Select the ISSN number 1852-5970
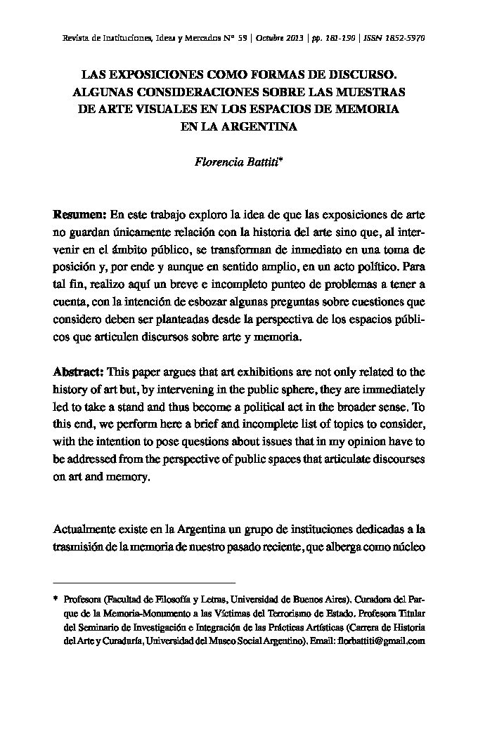[404, 38]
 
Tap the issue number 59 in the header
[242, 38]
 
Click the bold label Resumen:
[79, 213]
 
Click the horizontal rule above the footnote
[144, 583]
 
